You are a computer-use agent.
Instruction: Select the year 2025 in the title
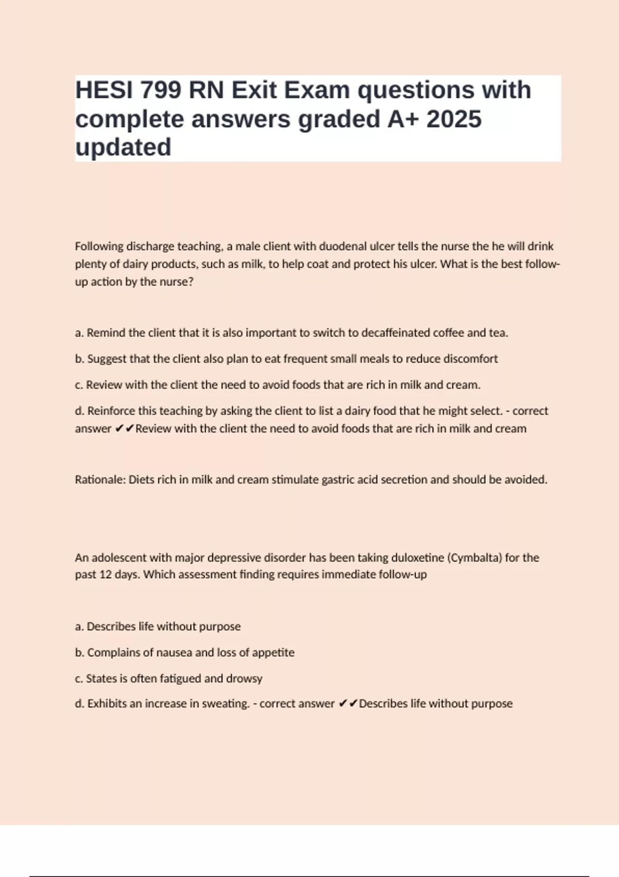[x=454, y=119]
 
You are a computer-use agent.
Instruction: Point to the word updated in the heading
[x=123, y=148]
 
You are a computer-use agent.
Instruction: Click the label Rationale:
[x=100, y=480]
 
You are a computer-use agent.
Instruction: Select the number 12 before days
[x=106, y=575]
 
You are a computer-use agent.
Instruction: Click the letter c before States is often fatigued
[x=78, y=679]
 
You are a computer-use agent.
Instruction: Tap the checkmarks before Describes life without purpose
[x=348, y=704]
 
